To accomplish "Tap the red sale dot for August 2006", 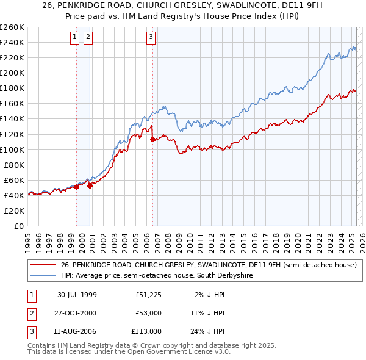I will coord(152,139).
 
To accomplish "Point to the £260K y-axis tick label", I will coord(12,27).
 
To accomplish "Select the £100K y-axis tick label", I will coord(12,149).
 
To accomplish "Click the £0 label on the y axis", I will coord(20,226).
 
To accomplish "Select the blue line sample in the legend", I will coord(43,276).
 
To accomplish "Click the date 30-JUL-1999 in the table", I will coord(77,295).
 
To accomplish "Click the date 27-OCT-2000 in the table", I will coord(77,313).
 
